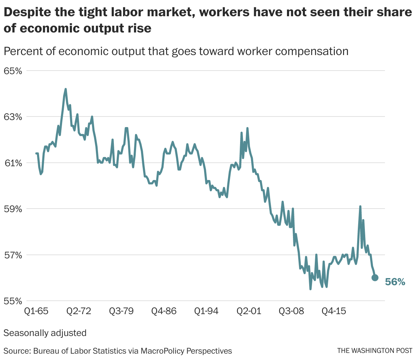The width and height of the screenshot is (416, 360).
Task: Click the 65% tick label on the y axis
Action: coord(13,71)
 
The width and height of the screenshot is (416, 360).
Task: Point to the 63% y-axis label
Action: coord(13,117)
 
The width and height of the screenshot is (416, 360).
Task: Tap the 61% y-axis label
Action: coord(13,163)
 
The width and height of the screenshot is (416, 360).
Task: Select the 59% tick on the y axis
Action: coord(13,209)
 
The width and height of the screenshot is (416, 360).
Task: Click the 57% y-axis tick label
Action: coord(13,255)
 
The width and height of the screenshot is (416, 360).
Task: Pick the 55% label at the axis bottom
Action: coord(13,301)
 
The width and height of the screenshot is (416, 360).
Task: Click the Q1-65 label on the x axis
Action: coord(36,311)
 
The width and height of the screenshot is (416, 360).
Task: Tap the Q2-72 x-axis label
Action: coord(79,311)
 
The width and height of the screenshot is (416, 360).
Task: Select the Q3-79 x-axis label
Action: coord(121,311)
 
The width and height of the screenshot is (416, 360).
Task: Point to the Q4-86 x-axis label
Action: coord(164,311)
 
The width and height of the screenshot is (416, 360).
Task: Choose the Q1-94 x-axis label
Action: coord(206,311)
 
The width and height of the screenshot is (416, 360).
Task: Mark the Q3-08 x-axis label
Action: coord(291,311)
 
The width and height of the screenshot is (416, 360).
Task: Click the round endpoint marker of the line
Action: coord(375,278)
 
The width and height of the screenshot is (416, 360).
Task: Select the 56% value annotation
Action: coord(395,282)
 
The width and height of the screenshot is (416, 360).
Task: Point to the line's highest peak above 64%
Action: coord(66,89)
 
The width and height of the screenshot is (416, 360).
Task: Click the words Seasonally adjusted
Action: coord(45,333)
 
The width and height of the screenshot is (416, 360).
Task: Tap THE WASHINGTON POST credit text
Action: coord(374,351)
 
